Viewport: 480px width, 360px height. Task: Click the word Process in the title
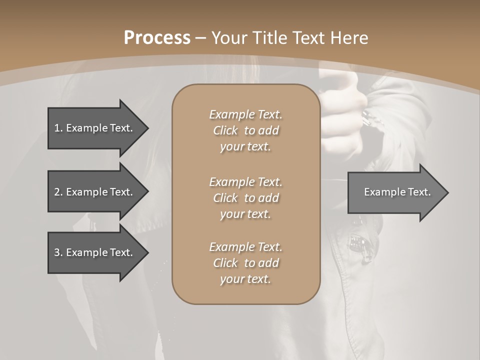157,38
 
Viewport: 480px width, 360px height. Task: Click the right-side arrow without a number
395,192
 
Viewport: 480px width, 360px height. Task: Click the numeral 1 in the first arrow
56,128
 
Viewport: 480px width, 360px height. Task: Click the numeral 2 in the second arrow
57,192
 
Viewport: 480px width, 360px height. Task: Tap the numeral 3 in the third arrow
57,252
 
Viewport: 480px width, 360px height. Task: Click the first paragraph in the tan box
246,130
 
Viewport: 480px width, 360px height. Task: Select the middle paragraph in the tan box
246,198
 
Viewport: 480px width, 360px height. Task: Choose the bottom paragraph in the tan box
246,263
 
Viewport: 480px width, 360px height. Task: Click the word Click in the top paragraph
225,130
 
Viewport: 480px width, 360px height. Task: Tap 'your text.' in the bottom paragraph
245,279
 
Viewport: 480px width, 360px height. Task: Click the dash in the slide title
200,38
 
